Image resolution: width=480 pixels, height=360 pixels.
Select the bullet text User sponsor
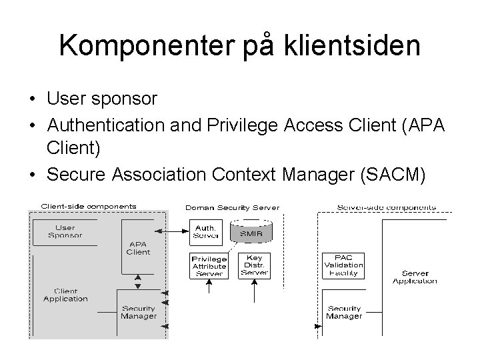tap(102, 99)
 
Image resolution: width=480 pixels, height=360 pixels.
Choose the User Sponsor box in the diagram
tap(65, 231)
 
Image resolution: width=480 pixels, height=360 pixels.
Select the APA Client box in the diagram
tap(138, 247)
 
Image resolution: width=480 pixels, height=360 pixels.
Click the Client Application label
tap(65, 295)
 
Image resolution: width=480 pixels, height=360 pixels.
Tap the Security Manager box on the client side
tap(139, 312)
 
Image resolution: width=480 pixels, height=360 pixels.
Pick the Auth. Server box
tap(205, 231)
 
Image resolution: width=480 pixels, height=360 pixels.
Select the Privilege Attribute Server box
tap(209, 266)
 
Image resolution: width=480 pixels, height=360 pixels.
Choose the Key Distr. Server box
tap(255, 265)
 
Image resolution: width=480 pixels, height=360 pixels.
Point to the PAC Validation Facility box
tap(343, 265)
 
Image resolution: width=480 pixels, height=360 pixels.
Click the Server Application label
tap(415, 277)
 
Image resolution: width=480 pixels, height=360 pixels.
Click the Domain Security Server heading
tap(233, 208)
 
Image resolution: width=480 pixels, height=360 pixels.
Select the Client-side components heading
tap(89, 207)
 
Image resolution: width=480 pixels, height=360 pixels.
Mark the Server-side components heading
tap(387, 207)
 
